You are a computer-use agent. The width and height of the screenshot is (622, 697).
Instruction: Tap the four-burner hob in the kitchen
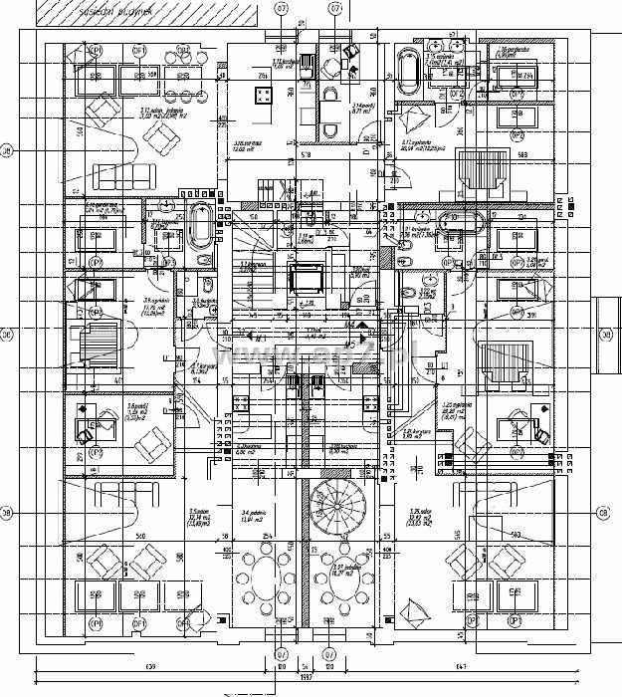[264, 97]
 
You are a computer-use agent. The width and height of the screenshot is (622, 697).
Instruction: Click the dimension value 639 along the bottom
[151, 665]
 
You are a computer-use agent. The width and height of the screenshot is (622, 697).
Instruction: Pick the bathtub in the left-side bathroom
[200, 226]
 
